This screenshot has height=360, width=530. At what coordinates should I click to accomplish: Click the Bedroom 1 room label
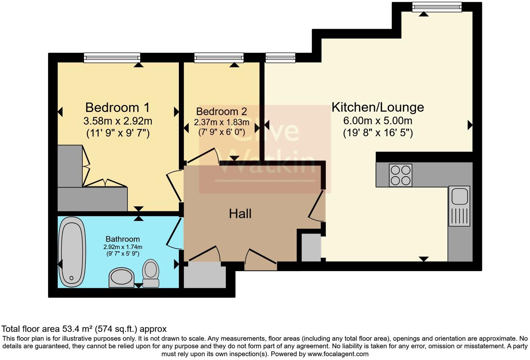click(x=118, y=107)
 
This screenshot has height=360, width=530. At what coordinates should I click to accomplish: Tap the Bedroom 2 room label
click(x=221, y=112)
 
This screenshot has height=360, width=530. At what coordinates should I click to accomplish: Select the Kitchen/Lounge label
click(x=378, y=107)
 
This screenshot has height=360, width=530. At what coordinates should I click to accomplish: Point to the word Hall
click(x=240, y=214)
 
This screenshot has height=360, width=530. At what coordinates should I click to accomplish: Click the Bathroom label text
click(x=122, y=239)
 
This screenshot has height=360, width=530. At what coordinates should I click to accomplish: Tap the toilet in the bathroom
click(x=151, y=273)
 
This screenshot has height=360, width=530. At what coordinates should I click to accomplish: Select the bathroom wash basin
click(x=121, y=278)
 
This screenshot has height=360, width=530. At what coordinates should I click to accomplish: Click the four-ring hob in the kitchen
click(x=400, y=175)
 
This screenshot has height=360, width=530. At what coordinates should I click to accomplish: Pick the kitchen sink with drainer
click(x=459, y=205)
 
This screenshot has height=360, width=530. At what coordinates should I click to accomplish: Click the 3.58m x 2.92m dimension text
click(x=118, y=121)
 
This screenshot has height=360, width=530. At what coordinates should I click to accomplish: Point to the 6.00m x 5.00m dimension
click(x=378, y=121)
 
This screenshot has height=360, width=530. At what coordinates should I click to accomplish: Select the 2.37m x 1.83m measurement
click(x=221, y=122)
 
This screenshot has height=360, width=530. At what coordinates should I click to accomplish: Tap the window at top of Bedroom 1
click(x=112, y=58)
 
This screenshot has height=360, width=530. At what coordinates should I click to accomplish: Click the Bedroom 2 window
click(x=219, y=58)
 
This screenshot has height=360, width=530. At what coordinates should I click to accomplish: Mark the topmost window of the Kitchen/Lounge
click(x=437, y=7)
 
